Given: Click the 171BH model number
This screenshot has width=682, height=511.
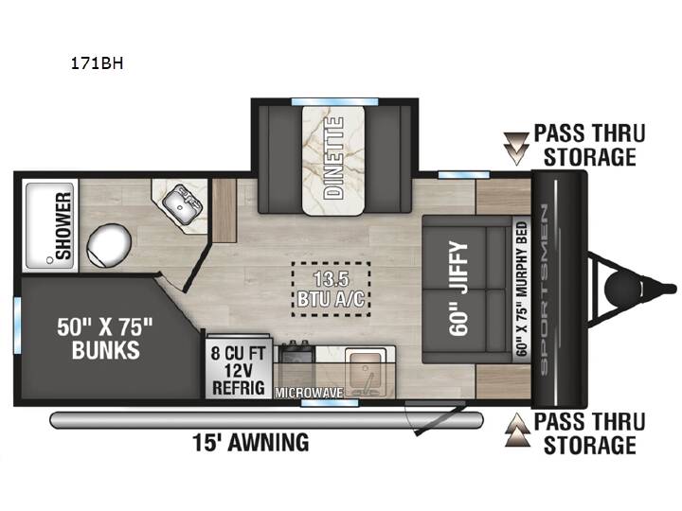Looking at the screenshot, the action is point(97,64).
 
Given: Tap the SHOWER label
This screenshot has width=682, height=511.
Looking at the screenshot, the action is point(63,226).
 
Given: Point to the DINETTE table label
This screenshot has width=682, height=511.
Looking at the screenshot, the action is point(334,159).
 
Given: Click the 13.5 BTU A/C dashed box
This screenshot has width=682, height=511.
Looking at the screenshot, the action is point(331,289).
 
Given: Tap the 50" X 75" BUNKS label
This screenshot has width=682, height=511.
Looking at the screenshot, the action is point(106,338).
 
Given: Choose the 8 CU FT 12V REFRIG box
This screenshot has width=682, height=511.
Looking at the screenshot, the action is point(238,366).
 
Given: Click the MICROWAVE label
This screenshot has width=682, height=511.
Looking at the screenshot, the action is point(309,393).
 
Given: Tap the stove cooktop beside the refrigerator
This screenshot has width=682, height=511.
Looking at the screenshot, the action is point(296,353).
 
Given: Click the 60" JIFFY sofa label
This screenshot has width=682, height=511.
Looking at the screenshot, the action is point(459,290).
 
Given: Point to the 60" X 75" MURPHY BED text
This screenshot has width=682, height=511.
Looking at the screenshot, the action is point(522,289).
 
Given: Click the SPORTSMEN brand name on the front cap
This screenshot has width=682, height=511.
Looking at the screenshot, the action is point(545,289).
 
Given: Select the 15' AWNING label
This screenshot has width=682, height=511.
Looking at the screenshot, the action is point(250,443).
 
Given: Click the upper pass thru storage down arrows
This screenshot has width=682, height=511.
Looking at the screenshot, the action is point(516,149).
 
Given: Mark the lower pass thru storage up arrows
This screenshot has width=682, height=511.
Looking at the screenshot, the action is point(517,430).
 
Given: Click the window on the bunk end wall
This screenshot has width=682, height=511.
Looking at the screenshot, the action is point(17,325).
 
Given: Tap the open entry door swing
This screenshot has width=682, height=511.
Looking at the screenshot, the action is point(437,418).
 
